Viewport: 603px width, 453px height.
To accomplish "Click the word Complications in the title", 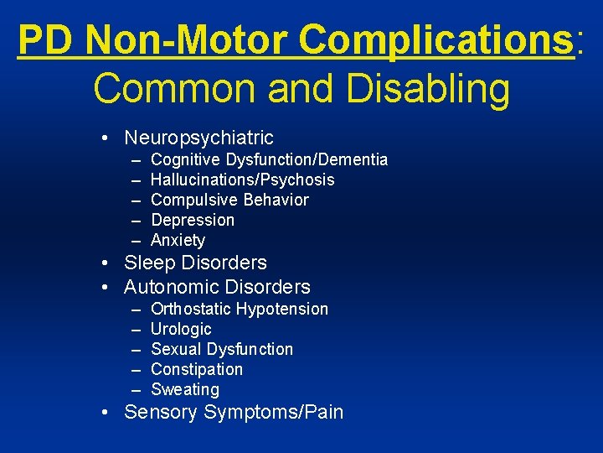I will (434, 40).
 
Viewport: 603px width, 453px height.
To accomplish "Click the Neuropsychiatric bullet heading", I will (198, 137).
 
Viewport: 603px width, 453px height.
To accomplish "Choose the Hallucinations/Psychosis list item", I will (242, 180).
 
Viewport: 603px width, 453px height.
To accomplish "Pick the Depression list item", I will (193, 220).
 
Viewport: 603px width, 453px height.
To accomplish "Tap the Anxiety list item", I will (178, 240).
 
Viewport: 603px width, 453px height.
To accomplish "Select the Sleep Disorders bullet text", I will (195, 263).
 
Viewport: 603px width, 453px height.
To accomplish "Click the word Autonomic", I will (173, 287).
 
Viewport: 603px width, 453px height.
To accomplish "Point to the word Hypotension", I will (282, 309).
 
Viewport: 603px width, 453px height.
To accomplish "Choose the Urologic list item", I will (181, 329).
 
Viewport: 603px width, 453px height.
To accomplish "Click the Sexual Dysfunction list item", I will (222, 349).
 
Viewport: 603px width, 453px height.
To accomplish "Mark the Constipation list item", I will (197, 369).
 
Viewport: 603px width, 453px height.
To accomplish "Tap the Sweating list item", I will (185, 389).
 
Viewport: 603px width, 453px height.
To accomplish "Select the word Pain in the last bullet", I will (322, 412).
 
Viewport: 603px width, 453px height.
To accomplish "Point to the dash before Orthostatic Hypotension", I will (136, 310).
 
